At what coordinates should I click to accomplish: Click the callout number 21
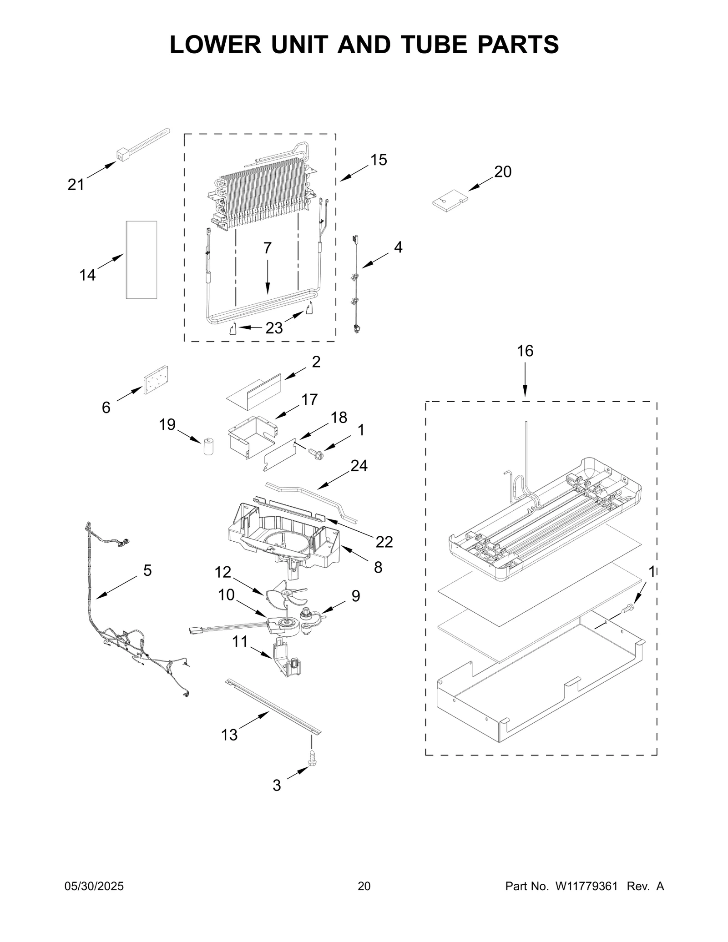76,184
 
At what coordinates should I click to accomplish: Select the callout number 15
378,160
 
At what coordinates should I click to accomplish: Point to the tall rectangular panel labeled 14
142,260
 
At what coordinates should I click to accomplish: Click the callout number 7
268,248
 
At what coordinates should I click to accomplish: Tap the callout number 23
274,328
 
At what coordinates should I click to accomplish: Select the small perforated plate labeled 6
156,380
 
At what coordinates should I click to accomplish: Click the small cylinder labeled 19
209,446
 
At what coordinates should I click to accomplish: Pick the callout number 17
309,399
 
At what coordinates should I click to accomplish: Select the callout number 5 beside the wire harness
147,570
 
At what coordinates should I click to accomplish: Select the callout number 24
359,466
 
